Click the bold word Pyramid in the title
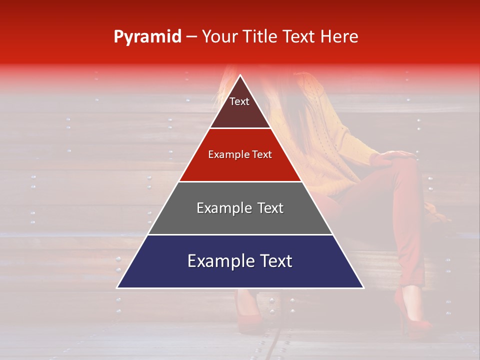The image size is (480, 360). pyautogui.click(x=147, y=37)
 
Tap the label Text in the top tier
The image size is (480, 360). pyautogui.click(x=239, y=101)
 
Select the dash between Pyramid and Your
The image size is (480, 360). pyautogui.click(x=191, y=37)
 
